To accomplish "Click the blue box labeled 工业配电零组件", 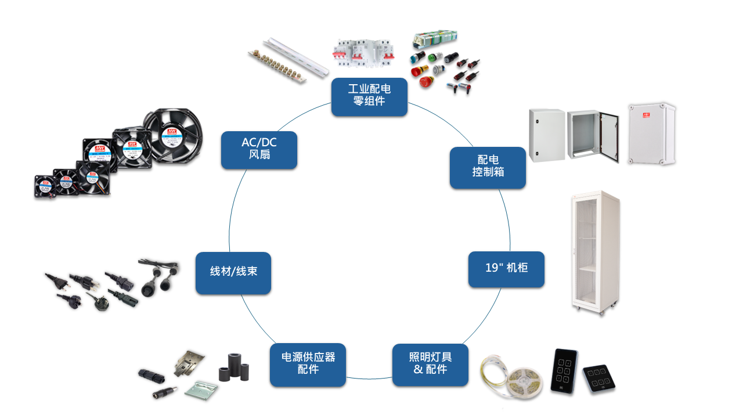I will point(369,97).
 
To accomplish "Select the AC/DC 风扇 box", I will point(259,150).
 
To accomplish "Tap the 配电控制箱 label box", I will point(488,167).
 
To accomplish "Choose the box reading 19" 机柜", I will point(506,269).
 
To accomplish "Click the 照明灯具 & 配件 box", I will point(430,365).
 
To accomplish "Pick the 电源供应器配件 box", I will point(308,365).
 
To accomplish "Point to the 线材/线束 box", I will point(233,272).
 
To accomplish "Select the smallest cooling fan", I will point(44,186).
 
